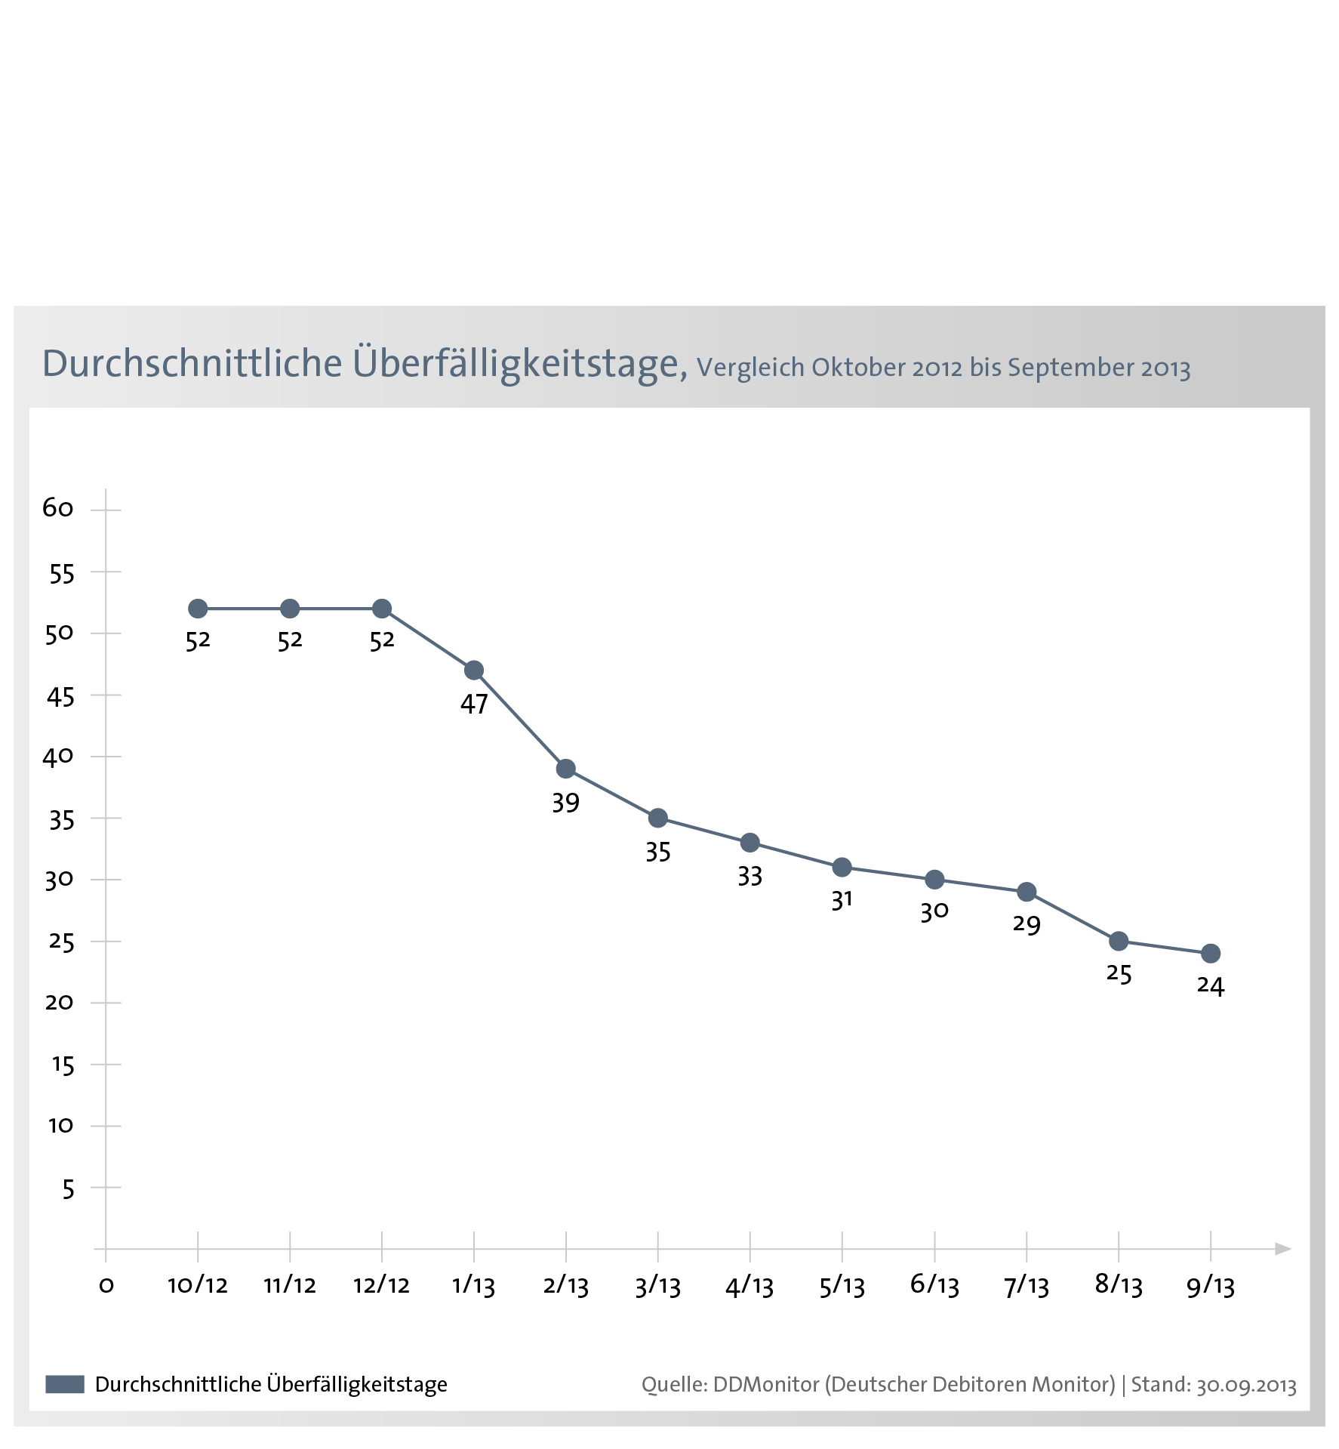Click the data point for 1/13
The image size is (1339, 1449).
(x=474, y=671)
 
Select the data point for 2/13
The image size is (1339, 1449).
(x=566, y=769)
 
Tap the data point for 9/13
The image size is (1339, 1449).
(x=1211, y=954)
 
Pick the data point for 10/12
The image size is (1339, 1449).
(x=198, y=609)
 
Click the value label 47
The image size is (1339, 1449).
(x=474, y=704)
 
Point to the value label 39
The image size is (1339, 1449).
(x=566, y=802)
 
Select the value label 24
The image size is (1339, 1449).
(x=1211, y=986)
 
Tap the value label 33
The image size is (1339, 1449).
(x=750, y=876)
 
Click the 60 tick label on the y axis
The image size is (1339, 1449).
(x=58, y=508)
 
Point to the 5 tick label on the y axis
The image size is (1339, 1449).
(x=69, y=1189)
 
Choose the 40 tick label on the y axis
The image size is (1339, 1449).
(x=58, y=757)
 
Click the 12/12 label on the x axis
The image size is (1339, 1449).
(x=382, y=1285)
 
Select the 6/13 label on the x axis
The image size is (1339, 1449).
(x=934, y=1285)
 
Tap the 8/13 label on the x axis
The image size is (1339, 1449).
(x=1119, y=1285)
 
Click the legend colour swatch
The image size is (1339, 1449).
(x=65, y=1384)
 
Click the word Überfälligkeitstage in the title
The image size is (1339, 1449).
(x=520, y=363)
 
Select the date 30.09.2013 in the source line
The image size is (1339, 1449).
(x=1246, y=1385)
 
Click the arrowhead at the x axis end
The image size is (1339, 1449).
(x=1282, y=1249)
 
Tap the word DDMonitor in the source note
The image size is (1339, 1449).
(x=766, y=1384)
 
